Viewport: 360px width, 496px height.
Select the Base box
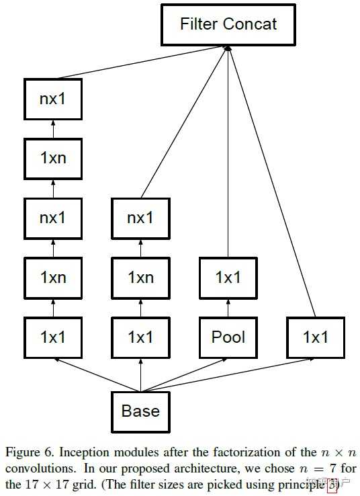tap(140, 410)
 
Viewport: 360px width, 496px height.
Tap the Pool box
tap(228, 337)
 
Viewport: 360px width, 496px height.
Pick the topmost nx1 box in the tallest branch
tap(53, 100)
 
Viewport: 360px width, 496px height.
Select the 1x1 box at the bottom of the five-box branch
tap(53, 337)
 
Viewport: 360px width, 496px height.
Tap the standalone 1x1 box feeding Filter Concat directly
tap(315, 337)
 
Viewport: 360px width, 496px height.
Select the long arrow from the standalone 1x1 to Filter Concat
tap(272, 181)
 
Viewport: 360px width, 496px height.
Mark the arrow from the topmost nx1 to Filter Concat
tap(141, 65)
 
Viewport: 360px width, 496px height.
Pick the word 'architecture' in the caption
tap(191, 466)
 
